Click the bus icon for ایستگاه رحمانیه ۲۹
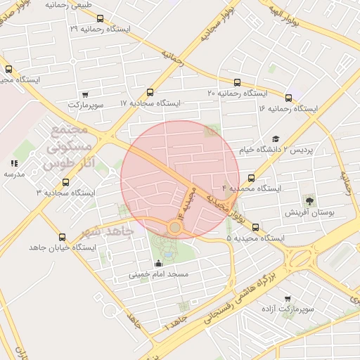[x=100, y=19]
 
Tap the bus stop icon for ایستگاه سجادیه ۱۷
[x=150, y=92]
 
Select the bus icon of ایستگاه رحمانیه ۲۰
[x=236, y=82]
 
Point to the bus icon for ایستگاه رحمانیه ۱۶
[x=289, y=98]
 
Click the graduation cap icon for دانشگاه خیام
[x=276, y=139]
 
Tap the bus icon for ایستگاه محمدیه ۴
[x=252, y=178]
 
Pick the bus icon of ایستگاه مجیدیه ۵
[x=255, y=227]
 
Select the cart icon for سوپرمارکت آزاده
[x=288, y=299]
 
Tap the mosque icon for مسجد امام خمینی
[x=158, y=264]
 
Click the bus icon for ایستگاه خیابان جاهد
[x=63, y=238]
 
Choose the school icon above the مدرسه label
[x=14, y=163]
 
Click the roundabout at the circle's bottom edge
[x=174, y=226]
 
